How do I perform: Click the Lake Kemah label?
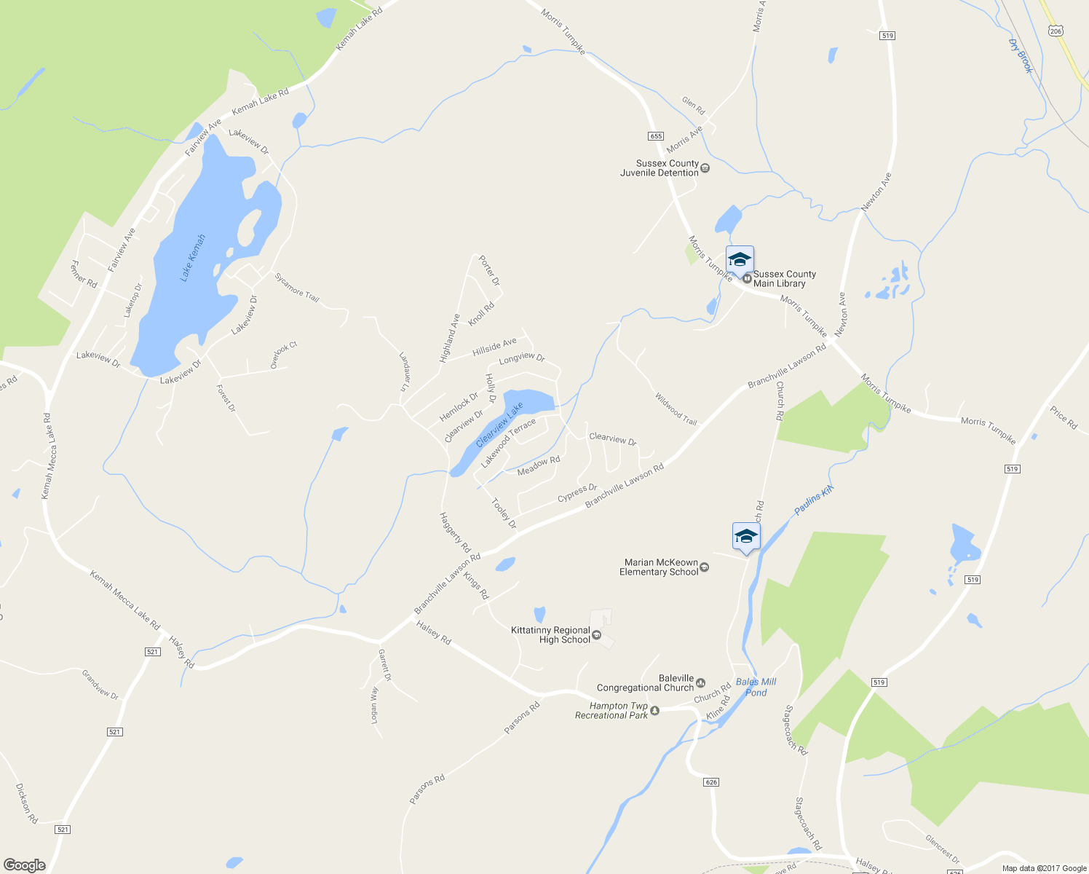[193, 258]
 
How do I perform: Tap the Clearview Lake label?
[499, 425]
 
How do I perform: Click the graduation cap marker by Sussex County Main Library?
[740, 260]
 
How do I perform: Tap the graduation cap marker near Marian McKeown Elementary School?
[745, 538]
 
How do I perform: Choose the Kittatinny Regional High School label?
[550, 635]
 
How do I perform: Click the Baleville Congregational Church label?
[646, 683]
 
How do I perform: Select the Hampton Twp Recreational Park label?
[611, 711]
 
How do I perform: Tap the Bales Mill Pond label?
[756, 688]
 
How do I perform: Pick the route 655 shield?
[655, 136]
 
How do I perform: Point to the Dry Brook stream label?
[1021, 56]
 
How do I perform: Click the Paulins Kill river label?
[813, 501]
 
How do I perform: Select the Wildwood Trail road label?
[676, 409]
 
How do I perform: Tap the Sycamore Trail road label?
[297, 287]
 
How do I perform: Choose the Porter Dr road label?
[490, 270]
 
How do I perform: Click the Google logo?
[25, 865]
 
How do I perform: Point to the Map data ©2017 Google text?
[1044, 868]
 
